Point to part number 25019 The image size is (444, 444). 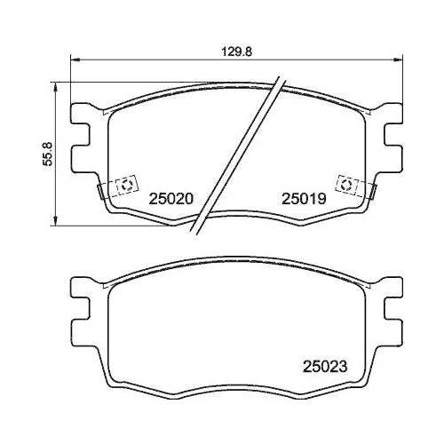pos(305,201)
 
